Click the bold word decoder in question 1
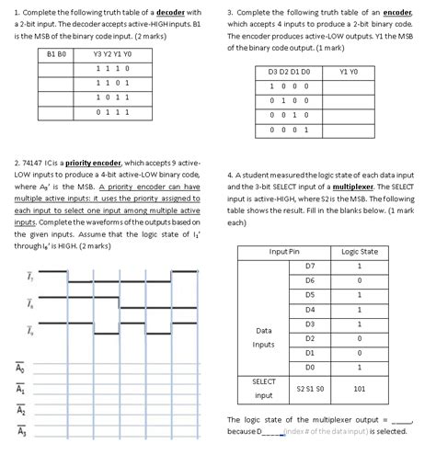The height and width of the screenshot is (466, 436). (168, 10)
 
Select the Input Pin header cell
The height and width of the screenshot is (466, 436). (283, 251)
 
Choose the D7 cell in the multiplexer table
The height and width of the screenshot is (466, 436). (309, 266)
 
